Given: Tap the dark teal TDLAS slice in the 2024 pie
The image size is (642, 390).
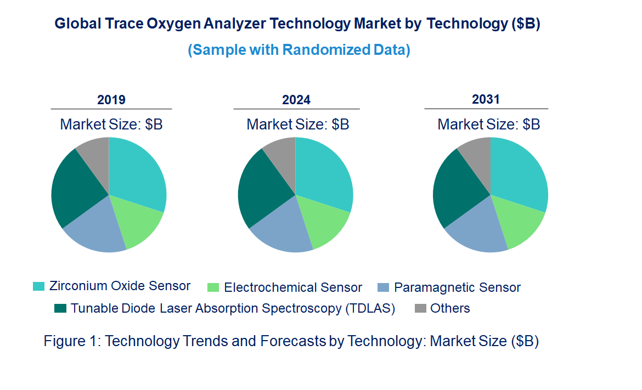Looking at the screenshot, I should coord(258,186).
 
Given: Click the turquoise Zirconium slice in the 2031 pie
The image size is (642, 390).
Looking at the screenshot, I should coord(519,173).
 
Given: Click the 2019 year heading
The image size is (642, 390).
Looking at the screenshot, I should coord(111,100).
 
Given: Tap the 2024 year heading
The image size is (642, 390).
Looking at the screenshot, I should coord(296,100).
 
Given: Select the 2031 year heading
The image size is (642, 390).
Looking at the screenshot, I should coord(486,99).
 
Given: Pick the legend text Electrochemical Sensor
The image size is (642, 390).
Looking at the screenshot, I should coord(293,287).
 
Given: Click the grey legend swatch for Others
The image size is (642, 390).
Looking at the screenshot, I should coord(421,308).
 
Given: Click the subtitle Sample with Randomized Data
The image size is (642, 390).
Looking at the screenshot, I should coord(299,50).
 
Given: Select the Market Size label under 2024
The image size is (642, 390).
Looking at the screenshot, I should coord(298,125).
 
